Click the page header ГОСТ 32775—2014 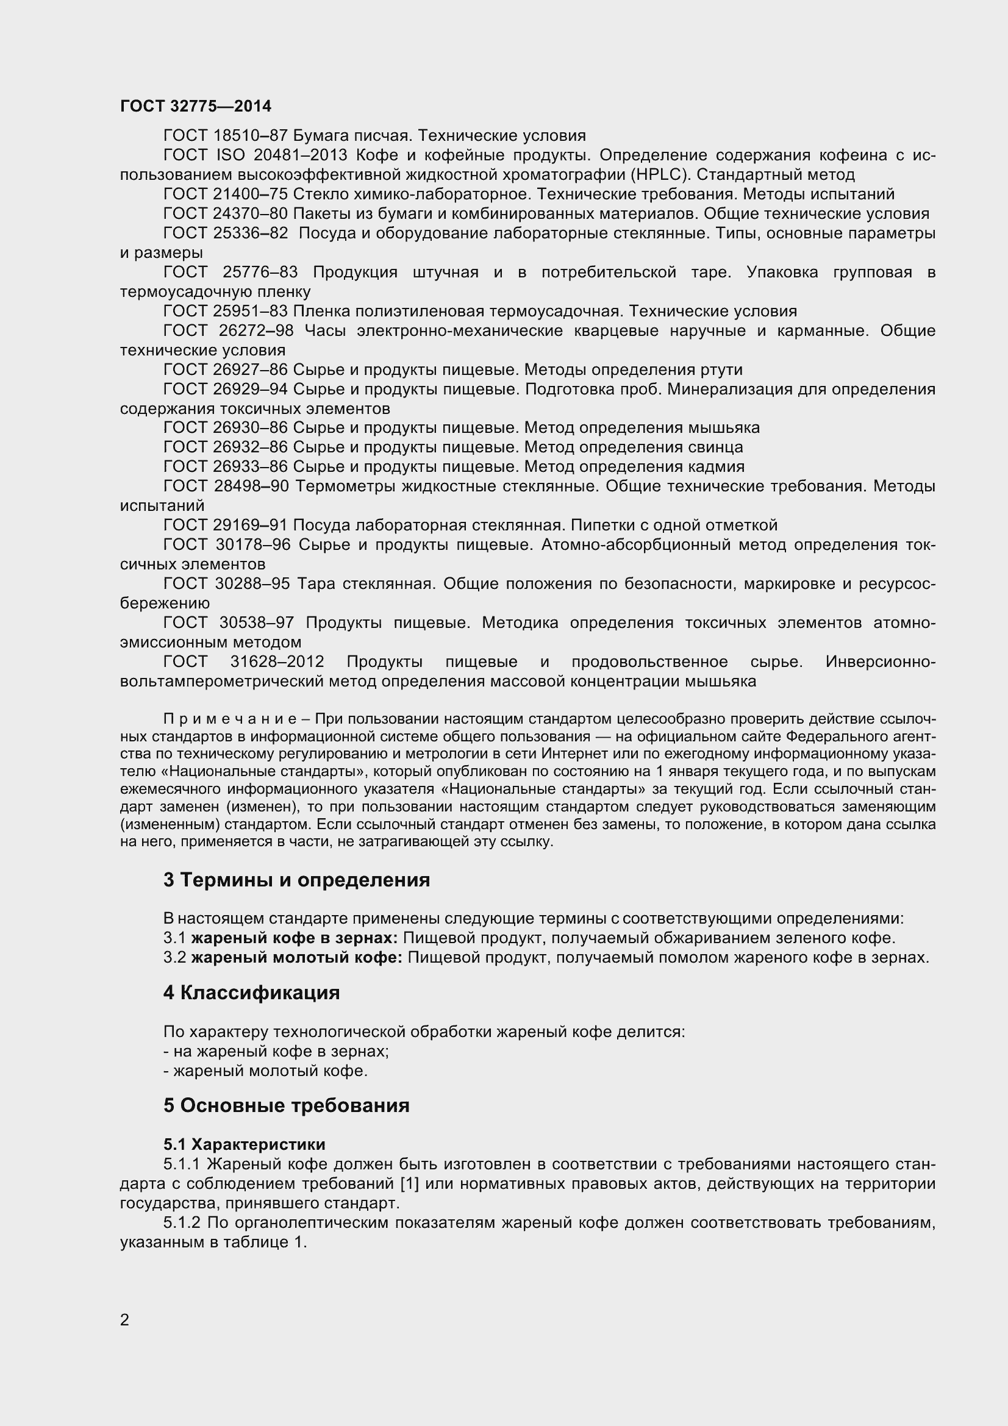click(196, 106)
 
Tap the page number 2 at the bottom click(125, 1320)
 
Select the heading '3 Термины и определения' click(296, 880)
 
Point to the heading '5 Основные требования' click(287, 1105)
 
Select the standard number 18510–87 click(250, 135)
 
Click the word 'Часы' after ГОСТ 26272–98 click(325, 330)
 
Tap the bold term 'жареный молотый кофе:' click(296, 958)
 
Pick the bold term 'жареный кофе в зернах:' click(295, 938)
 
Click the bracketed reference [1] click(410, 1184)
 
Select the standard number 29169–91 click(250, 526)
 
